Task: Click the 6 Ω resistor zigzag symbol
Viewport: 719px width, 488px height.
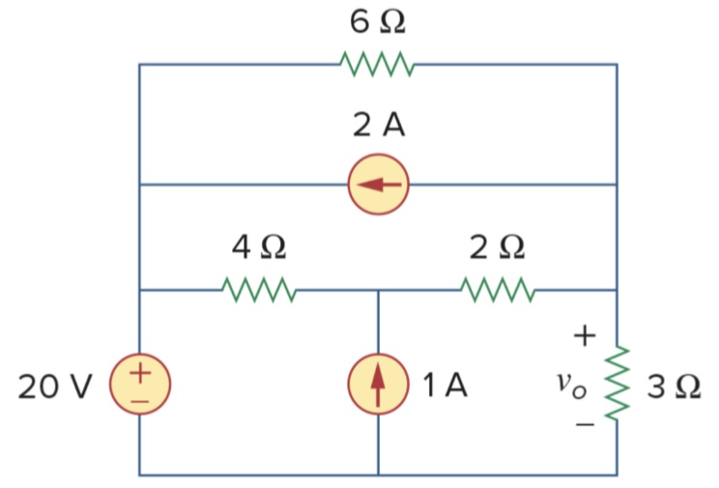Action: pos(378,65)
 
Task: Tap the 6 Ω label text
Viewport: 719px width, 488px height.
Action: pos(378,21)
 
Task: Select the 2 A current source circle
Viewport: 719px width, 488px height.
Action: pos(379,184)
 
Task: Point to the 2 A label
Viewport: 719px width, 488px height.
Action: pos(378,125)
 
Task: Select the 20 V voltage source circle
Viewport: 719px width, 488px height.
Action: pos(139,383)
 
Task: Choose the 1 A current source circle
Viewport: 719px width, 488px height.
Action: pos(378,385)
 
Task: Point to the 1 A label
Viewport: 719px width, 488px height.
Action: pos(445,386)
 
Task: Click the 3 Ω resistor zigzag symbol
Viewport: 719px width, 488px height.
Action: pos(617,383)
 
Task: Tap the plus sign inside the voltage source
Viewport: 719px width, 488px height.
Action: pos(139,371)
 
